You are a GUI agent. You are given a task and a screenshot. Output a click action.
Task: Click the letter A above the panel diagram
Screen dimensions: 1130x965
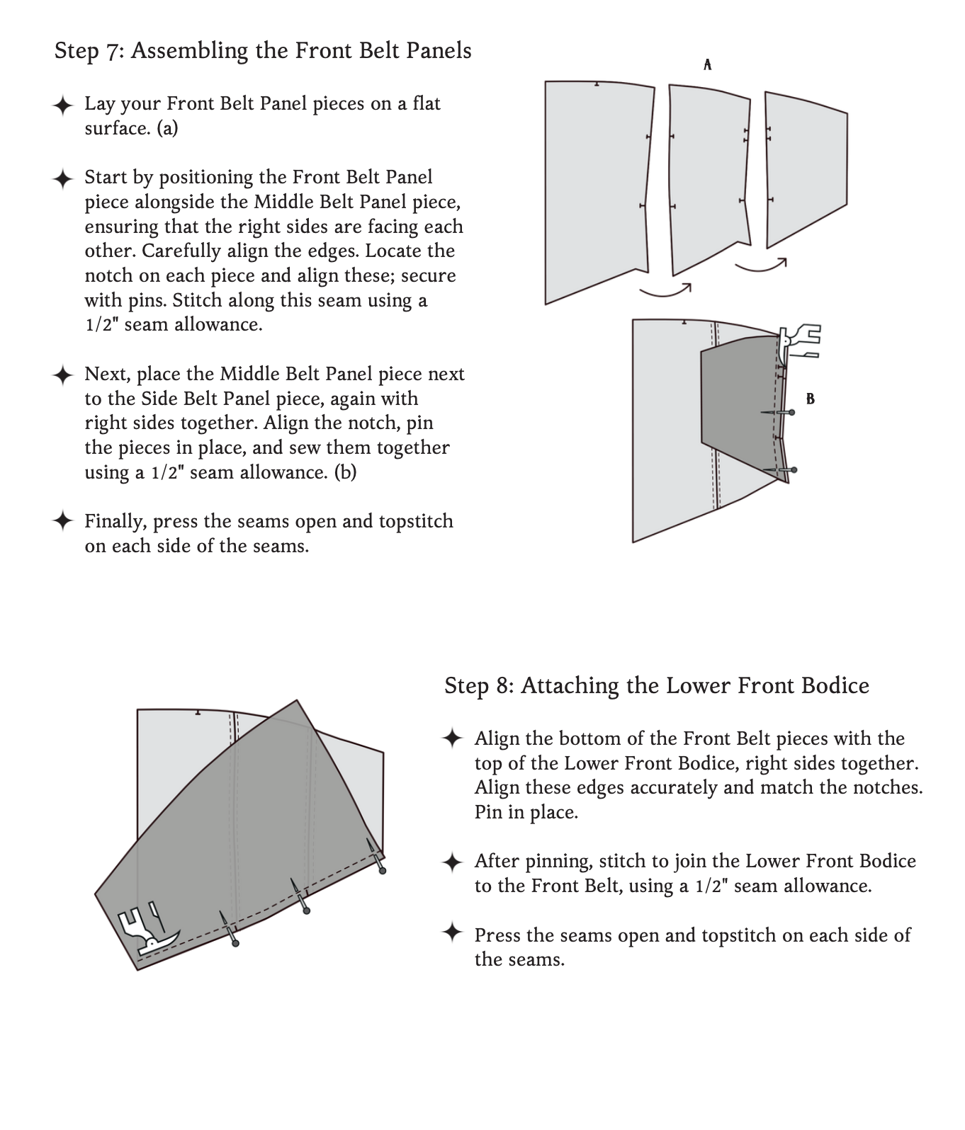(x=707, y=65)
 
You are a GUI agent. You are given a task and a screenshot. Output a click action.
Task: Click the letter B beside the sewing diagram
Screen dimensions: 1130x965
(x=811, y=399)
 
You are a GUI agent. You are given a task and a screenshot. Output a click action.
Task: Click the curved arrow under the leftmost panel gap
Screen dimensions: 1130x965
(x=665, y=290)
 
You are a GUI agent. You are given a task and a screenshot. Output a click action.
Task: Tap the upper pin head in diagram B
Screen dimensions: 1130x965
(x=791, y=412)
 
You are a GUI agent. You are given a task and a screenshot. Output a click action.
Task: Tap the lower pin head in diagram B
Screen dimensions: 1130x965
(x=794, y=469)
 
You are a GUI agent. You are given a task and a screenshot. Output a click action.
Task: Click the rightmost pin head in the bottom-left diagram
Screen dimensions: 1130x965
(x=383, y=870)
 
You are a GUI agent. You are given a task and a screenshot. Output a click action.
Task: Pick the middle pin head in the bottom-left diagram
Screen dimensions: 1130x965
(x=306, y=911)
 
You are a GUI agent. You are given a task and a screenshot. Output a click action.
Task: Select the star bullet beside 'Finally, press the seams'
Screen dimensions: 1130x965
(x=62, y=521)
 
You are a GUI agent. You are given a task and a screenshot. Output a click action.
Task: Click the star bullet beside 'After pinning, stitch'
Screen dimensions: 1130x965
(x=452, y=862)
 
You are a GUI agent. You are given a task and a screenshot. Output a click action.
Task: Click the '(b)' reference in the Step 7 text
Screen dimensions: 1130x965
(x=345, y=472)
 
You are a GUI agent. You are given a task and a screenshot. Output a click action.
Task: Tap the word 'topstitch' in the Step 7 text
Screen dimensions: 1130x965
(x=416, y=522)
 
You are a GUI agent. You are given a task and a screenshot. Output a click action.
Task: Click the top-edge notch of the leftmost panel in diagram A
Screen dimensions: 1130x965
(x=597, y=84)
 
